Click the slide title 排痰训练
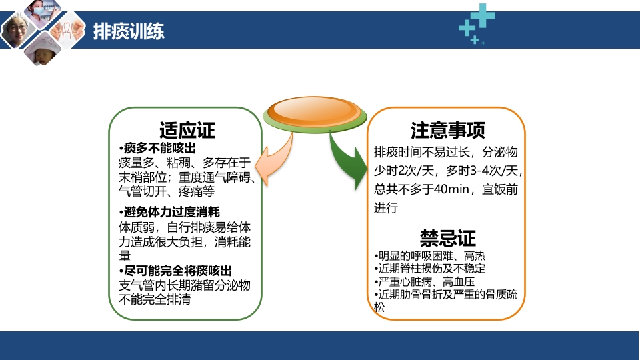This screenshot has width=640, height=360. click(129, 31)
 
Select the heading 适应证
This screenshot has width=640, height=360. click(187, 130)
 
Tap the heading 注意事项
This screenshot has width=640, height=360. click(447, 130)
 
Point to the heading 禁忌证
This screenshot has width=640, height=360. click(447, 238)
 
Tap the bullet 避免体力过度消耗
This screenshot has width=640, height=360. click(169, 213)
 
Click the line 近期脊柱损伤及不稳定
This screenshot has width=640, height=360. click(429, 269)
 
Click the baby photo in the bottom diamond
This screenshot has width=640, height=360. click(42, 53)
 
